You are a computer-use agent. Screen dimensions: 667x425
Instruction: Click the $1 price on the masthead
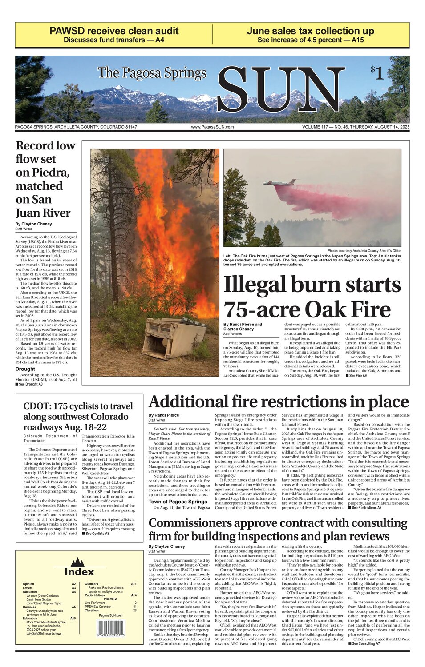pos(377,72)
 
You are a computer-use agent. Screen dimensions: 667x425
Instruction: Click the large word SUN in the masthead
pos(280,90)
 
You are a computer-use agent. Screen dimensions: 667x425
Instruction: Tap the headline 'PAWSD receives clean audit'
pos(114,31)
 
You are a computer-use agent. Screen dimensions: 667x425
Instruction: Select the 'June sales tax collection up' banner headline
pos(310,31)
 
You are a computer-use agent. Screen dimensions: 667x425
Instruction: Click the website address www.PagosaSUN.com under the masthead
pos(212,127)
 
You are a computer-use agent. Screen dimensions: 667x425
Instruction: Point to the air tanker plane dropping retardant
pos(279,183)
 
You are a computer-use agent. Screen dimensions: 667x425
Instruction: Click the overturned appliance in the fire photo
pos(173,338)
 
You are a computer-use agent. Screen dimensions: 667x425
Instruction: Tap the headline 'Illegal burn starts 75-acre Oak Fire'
pos(312,297)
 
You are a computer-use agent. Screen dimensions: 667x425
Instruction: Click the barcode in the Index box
pos(111,630)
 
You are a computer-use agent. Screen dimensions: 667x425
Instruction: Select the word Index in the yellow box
pos(79,572)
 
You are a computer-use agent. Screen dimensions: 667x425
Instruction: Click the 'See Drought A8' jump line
pos(29,384)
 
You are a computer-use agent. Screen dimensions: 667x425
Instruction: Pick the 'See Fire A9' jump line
pos(356,376)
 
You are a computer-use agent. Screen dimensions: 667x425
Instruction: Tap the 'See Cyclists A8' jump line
pos(95,534)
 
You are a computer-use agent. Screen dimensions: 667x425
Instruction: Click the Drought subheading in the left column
pos(25,369)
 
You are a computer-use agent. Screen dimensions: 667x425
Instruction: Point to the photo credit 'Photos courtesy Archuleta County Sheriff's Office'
pos(364,251)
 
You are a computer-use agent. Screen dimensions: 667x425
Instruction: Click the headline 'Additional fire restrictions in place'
pos(279,402)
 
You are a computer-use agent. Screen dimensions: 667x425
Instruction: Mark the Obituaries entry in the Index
pos(30,592)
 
